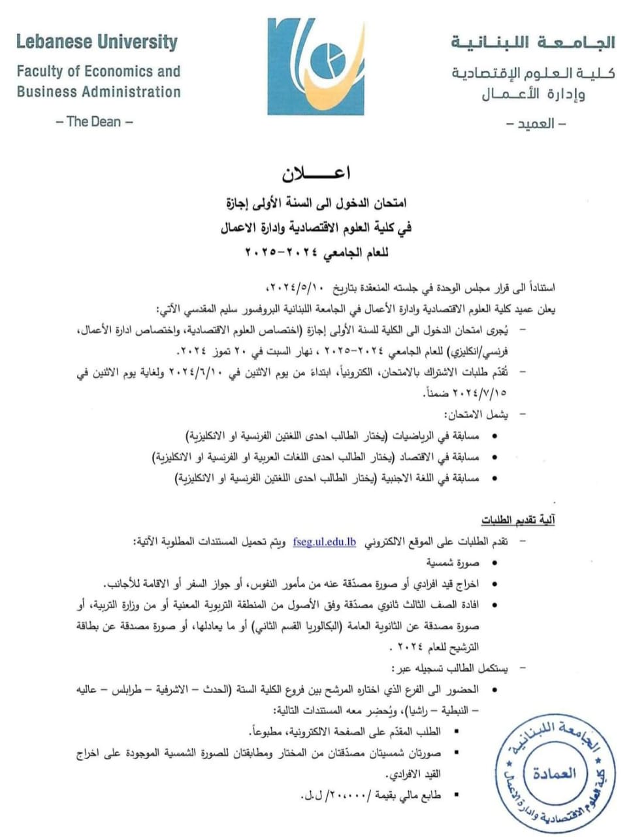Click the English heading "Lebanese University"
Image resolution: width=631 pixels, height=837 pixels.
97,42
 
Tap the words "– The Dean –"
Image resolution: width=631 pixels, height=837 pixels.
94,121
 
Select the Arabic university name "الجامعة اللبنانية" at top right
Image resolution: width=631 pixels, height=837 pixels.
532,43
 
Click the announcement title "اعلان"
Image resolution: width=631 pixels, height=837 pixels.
316,174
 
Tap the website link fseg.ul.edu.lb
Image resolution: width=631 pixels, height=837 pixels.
325,541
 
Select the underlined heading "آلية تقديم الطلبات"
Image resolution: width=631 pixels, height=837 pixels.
518,521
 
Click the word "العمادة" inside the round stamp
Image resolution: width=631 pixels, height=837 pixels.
555,773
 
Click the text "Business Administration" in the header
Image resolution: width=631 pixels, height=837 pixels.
99,92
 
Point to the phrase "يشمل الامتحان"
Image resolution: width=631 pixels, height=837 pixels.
476,415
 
